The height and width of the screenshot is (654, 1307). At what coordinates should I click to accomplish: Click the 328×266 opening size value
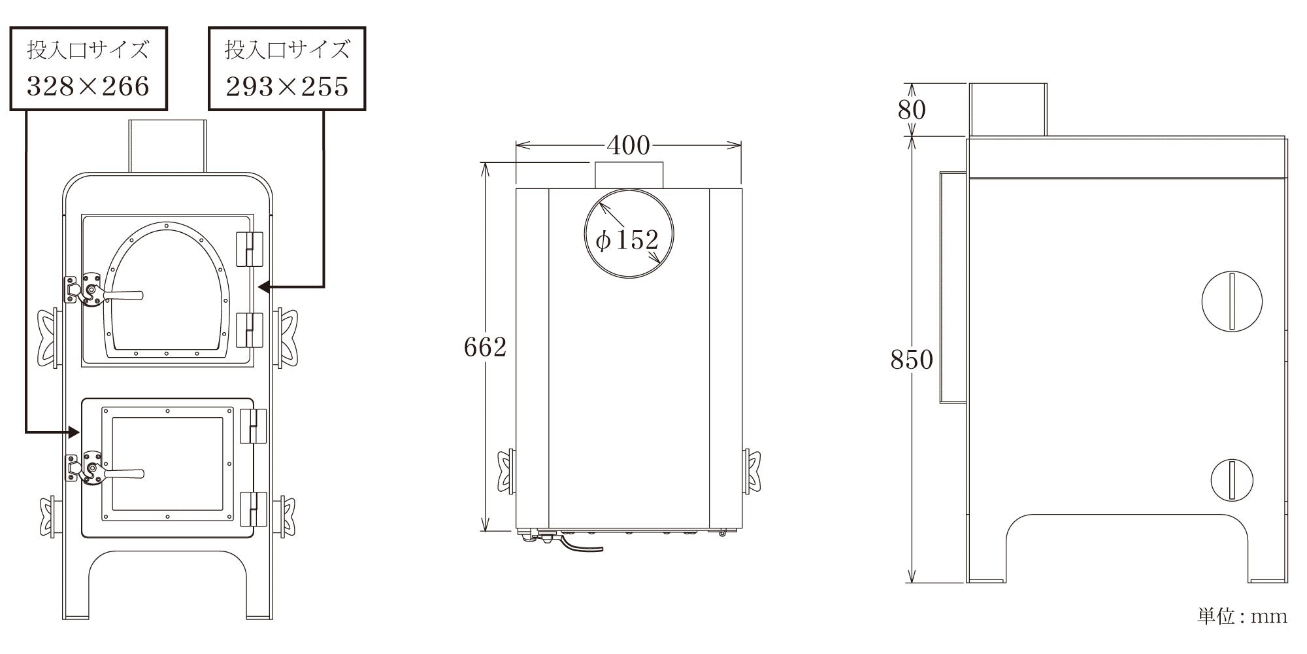(x=88, y=86)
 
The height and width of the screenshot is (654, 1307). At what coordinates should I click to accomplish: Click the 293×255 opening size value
(x=288, y=86)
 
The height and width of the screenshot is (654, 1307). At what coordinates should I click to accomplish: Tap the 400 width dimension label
(x=628, y=145)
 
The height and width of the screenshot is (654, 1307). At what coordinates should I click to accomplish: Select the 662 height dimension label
(x=485, y=347)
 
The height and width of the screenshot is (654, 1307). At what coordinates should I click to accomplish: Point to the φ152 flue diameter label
(x=627, y=240)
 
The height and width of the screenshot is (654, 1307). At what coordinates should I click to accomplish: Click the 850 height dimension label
(x=912, y=359)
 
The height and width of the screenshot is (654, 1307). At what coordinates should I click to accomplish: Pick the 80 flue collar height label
(x=912, y=109)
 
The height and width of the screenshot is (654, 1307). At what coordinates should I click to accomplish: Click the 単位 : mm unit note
(x=1242, y=616)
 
